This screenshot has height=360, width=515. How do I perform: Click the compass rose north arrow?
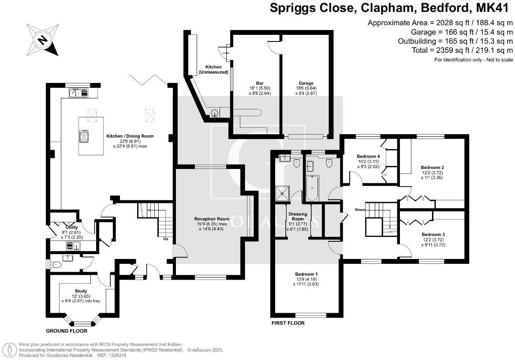tap(42, 40)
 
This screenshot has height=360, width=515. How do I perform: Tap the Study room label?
tap(81, 291)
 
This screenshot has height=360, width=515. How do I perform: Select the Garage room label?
tap(306, 83)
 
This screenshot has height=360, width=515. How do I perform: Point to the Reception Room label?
tap(212, 218)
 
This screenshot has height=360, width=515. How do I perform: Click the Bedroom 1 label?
tap(306, 274)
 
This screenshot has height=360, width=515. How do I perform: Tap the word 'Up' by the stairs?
tap(166, 239)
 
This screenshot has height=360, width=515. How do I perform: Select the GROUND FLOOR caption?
tap(67, 331)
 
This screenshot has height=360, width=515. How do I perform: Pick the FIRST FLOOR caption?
tap(287, 323)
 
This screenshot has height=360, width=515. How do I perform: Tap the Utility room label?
tap(71, 227)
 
